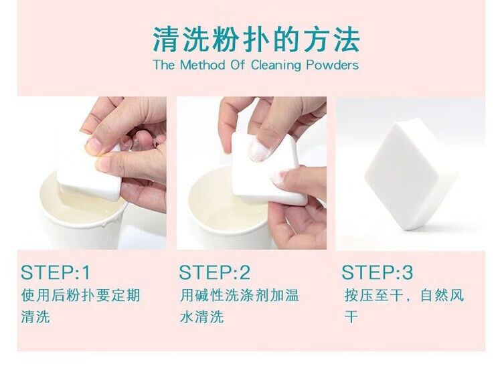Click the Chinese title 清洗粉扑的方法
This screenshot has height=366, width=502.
[256, 39]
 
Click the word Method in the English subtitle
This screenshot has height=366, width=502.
[203, 65]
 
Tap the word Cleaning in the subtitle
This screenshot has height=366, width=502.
[276, 66]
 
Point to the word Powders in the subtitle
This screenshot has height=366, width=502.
[332, 65]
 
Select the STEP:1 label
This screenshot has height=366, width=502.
[56, 272]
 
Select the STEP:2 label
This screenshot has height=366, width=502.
[214, 272]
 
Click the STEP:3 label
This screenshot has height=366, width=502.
[377, 272]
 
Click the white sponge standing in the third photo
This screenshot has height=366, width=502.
[410, 175]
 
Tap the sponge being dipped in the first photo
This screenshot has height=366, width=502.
[90, 173]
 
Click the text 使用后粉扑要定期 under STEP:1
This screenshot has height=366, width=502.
[81, 295]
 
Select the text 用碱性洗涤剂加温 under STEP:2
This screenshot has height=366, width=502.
[239, 295]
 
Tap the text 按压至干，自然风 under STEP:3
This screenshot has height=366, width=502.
[404, 295]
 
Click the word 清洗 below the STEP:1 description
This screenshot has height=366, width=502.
[35, 316]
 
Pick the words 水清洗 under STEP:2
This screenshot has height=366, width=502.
[201, 316]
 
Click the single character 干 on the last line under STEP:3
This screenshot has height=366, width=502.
[351, 316]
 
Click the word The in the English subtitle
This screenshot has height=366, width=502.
[164, 65]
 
